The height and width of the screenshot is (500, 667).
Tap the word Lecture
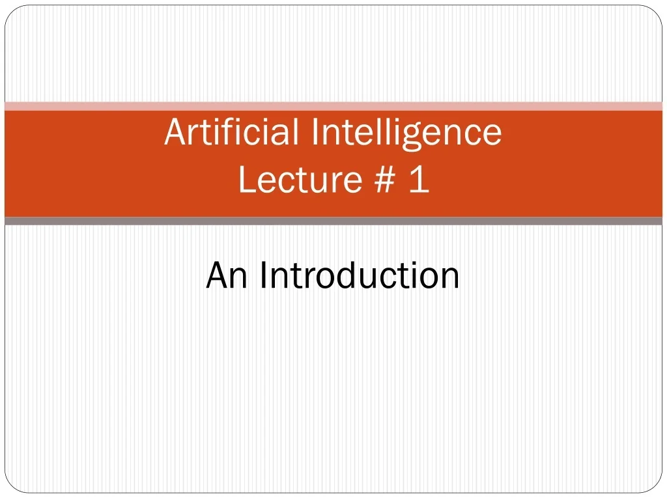pos(299,179)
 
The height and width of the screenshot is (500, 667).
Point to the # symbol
pos(386,179)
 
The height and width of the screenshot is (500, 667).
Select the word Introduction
pos(360,275)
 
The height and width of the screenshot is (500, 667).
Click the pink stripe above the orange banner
pos(333,106)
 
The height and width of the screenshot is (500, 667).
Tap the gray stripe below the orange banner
pos(333,221)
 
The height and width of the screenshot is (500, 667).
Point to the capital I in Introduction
pos(263,275)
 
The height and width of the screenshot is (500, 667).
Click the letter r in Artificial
pos(190,134)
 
